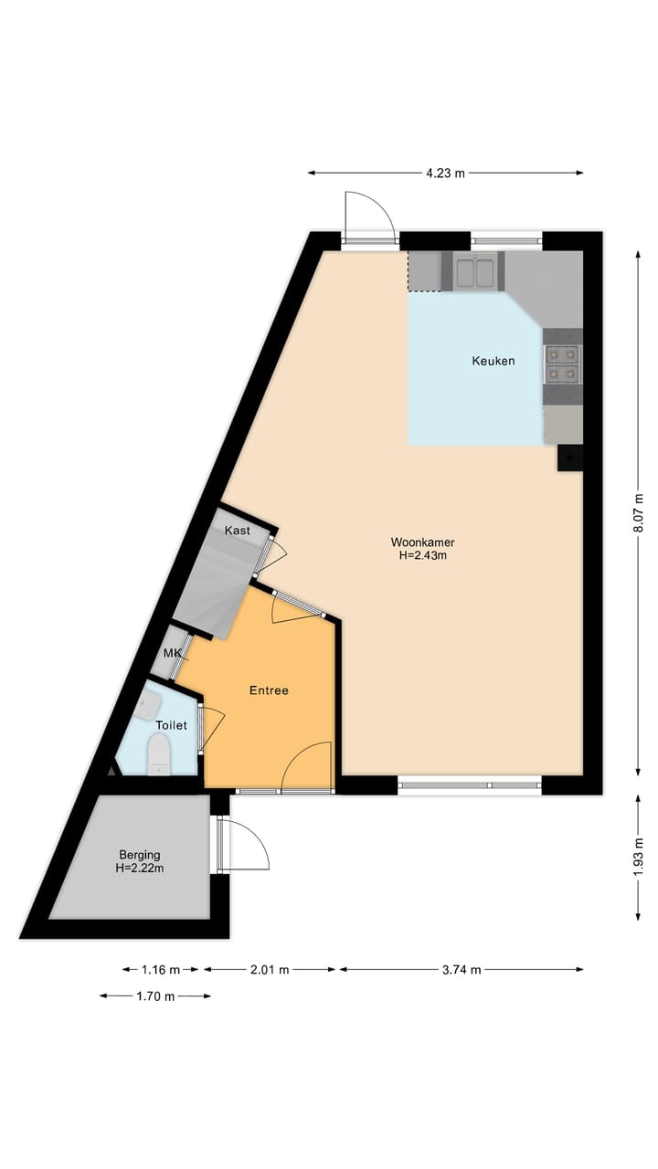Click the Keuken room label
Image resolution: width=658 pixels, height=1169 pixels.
click(x=493, y=361)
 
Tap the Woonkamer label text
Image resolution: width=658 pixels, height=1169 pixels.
click(x=422, y=542)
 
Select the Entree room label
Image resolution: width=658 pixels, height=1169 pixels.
click(x=269, y=690)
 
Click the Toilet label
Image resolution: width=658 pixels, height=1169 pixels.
click(x=171, y=725)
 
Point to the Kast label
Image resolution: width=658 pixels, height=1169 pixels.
click(x=238, y=531)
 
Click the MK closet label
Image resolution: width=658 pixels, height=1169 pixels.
click(x=171, y=653)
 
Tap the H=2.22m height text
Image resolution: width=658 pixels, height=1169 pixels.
click(x=140, y=868)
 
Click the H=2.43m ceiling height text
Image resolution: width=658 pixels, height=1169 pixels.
click(x=422, y=554)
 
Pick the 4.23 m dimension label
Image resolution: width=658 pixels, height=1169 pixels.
click(x=445, y=173)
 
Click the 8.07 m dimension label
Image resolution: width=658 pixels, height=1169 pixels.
click(x=638, y=513)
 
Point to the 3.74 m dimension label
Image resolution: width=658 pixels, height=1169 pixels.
click(x=462, y=970)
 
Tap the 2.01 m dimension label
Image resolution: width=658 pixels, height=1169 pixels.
click(x=270, y=970)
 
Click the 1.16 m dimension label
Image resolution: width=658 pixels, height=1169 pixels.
click(x=161, y=970)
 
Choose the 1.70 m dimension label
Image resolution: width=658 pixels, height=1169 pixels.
click(x=155, y=996)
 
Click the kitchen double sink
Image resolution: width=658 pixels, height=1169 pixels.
click(x=474, y=271)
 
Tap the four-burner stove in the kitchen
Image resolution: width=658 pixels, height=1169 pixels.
click(x=561, y=363)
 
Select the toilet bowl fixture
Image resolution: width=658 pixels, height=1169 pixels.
click(x=159, y=755)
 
